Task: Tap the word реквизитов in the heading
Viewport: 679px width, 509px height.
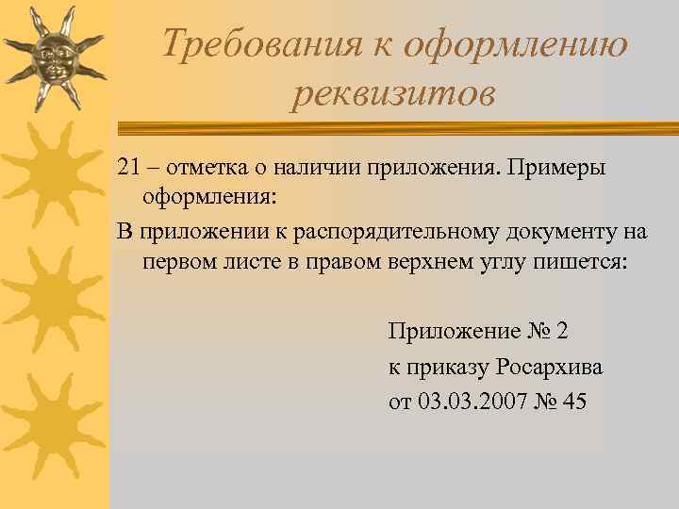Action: tap(392, 93)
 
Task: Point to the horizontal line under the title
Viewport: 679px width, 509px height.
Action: tap(396, 124)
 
